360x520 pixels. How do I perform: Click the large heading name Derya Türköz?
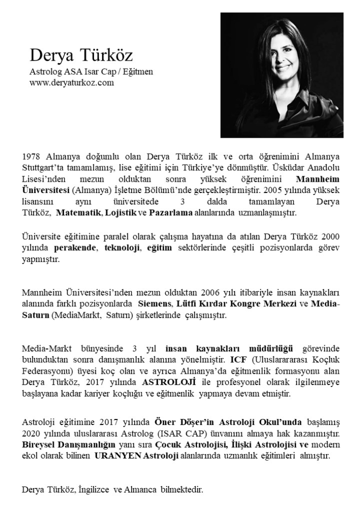pyautogui.click(x=81, y=55)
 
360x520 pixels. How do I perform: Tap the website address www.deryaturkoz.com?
pyautogui.click(x=72, y=82)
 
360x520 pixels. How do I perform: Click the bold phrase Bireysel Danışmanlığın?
pyautogui.click(x=64, y=444)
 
